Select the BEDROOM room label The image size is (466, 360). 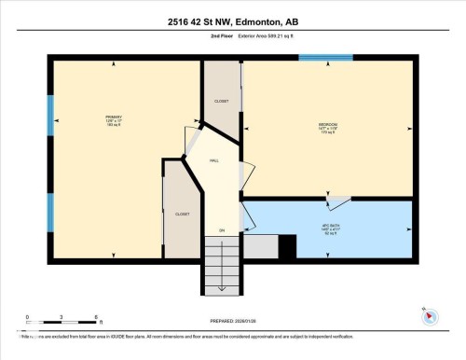(326, 127)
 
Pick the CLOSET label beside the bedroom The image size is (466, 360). (221, 100)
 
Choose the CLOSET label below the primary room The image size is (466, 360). (182, 214)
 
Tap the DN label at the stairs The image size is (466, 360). (222, 230)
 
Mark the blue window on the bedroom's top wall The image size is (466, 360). (325, 58)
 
